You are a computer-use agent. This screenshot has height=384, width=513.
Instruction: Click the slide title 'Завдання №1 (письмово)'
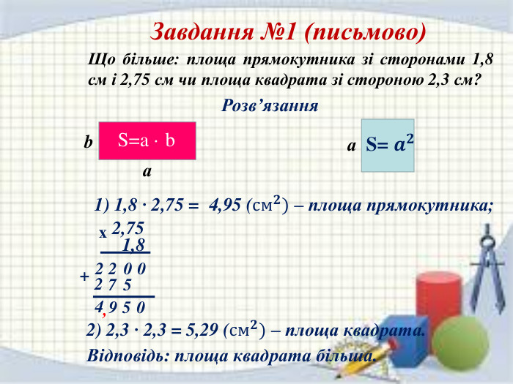(x=288, y=32)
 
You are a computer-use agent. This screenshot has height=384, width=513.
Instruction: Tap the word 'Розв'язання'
(x=270, y=105)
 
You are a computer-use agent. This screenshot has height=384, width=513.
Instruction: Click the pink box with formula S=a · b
(x=147, y=140)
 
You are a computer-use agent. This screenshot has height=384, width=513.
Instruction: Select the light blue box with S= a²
(x=388, y=145)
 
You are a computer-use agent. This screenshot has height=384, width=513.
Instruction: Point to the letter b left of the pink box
(x=88, y=143)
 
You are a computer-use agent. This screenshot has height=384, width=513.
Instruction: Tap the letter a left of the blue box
(x=352, y=146)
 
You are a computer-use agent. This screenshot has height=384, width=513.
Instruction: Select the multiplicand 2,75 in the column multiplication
(x=128, y=229)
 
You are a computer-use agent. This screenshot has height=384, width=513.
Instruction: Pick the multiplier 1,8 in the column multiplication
(x=134, y=245)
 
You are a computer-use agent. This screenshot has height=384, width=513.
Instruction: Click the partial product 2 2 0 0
(x=121, y=269)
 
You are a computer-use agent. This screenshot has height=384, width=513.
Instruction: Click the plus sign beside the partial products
(x=85, y=277)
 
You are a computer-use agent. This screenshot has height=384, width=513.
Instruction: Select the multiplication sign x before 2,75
(x=103, y=233)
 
